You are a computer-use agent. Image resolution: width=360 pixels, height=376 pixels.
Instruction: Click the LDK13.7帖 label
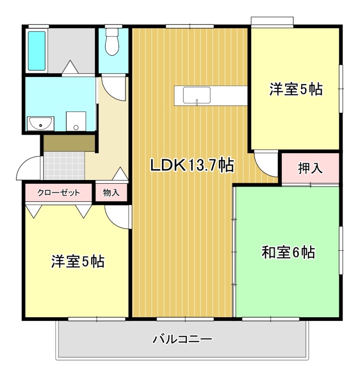click(192, 165)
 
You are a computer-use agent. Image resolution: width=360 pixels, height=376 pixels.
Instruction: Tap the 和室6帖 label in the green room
click(288, 252)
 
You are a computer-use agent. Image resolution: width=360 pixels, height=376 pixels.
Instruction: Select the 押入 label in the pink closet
click(310, 168)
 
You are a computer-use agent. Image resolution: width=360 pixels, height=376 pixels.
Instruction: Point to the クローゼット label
click(58, 193)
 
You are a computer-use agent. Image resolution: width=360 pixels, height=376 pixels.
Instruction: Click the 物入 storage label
click(111, 192)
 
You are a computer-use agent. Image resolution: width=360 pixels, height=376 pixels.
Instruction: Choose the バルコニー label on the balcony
click(183, 339)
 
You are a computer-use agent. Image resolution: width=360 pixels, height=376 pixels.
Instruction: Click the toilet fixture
click(112, 42)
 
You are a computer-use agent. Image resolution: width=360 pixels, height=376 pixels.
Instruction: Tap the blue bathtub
click(37, 51)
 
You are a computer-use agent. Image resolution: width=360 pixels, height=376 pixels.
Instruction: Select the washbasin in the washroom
click(40, 124)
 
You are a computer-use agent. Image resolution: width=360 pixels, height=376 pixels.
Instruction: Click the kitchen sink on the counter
click(197, 95)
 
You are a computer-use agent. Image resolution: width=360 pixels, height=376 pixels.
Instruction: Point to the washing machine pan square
click(76, 121)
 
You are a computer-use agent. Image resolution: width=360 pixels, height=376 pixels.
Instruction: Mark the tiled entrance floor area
click(64, 166)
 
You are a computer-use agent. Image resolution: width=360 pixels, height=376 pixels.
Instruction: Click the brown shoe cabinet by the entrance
click(69, 143)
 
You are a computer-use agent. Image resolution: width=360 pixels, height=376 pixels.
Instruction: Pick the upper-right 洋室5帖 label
click(296, 89)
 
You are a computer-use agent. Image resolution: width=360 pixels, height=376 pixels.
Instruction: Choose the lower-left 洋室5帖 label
click(78, 261)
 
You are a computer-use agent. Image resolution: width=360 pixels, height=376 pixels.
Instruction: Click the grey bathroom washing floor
click(72, 51)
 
